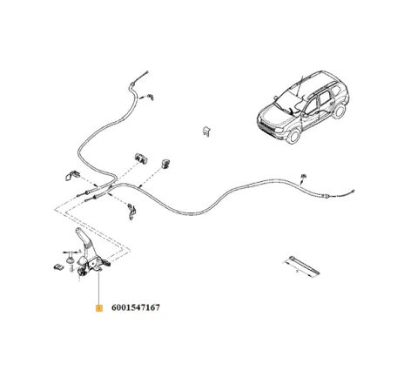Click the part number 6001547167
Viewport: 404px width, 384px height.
point(136,307)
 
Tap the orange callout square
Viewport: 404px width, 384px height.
point(99,307)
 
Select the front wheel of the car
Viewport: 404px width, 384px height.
point(293,136)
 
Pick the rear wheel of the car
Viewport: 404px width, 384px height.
point(339,111)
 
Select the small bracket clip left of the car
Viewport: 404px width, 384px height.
point(206,131)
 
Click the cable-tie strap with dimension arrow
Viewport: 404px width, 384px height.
point(301,266)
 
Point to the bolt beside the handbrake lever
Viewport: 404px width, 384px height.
point(70,260)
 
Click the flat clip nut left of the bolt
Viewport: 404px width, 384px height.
point(58,266)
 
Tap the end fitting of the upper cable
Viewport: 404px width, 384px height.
point(147,72)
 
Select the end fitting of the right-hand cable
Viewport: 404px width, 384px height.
point(353,191)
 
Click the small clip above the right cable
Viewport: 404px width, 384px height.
point(304,176)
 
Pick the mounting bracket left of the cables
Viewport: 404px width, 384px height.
point(72,175)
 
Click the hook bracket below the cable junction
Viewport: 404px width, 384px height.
point(132,212)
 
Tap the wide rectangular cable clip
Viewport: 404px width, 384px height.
point(141,158)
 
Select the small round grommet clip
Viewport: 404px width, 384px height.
point(165,164)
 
